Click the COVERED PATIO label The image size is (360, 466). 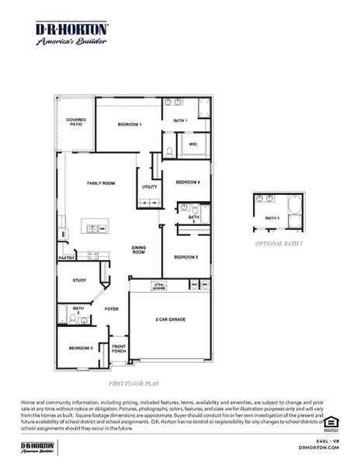tap(75, 122)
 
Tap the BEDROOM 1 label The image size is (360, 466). tap(130, 124)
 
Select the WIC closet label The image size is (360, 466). tap(192, 144)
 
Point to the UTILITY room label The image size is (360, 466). tap(150, 186)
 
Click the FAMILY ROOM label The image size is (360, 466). tap(101, 183)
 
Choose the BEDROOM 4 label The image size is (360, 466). tap(188, 182)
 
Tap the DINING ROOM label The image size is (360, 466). tap(139, 250)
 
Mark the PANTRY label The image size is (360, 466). tap(66, 258)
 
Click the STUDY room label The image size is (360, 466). tap(79, 280)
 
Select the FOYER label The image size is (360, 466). tap(112, 309)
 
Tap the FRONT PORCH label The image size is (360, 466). tap(119, 349)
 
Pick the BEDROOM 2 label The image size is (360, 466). tap(80, 348)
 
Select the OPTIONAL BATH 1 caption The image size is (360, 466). tap(279, 243)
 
